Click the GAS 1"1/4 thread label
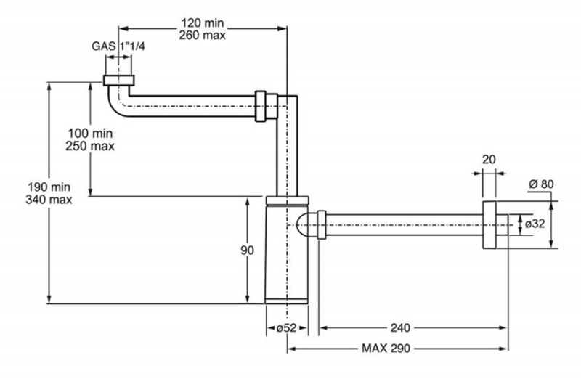118,46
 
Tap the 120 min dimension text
203,23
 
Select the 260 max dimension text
203,35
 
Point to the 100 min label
90,133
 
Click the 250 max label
90,146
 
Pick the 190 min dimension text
49,187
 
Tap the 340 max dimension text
49,200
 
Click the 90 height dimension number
247,250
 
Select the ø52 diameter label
286,328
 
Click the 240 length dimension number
400,327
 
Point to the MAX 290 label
386,349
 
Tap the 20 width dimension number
489,159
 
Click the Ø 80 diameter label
541,184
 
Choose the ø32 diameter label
535,224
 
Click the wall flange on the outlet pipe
489,225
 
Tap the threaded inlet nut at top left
118,81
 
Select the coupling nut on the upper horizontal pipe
266,106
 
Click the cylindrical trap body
287,250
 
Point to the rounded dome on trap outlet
303,225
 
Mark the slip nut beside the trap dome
322,225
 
